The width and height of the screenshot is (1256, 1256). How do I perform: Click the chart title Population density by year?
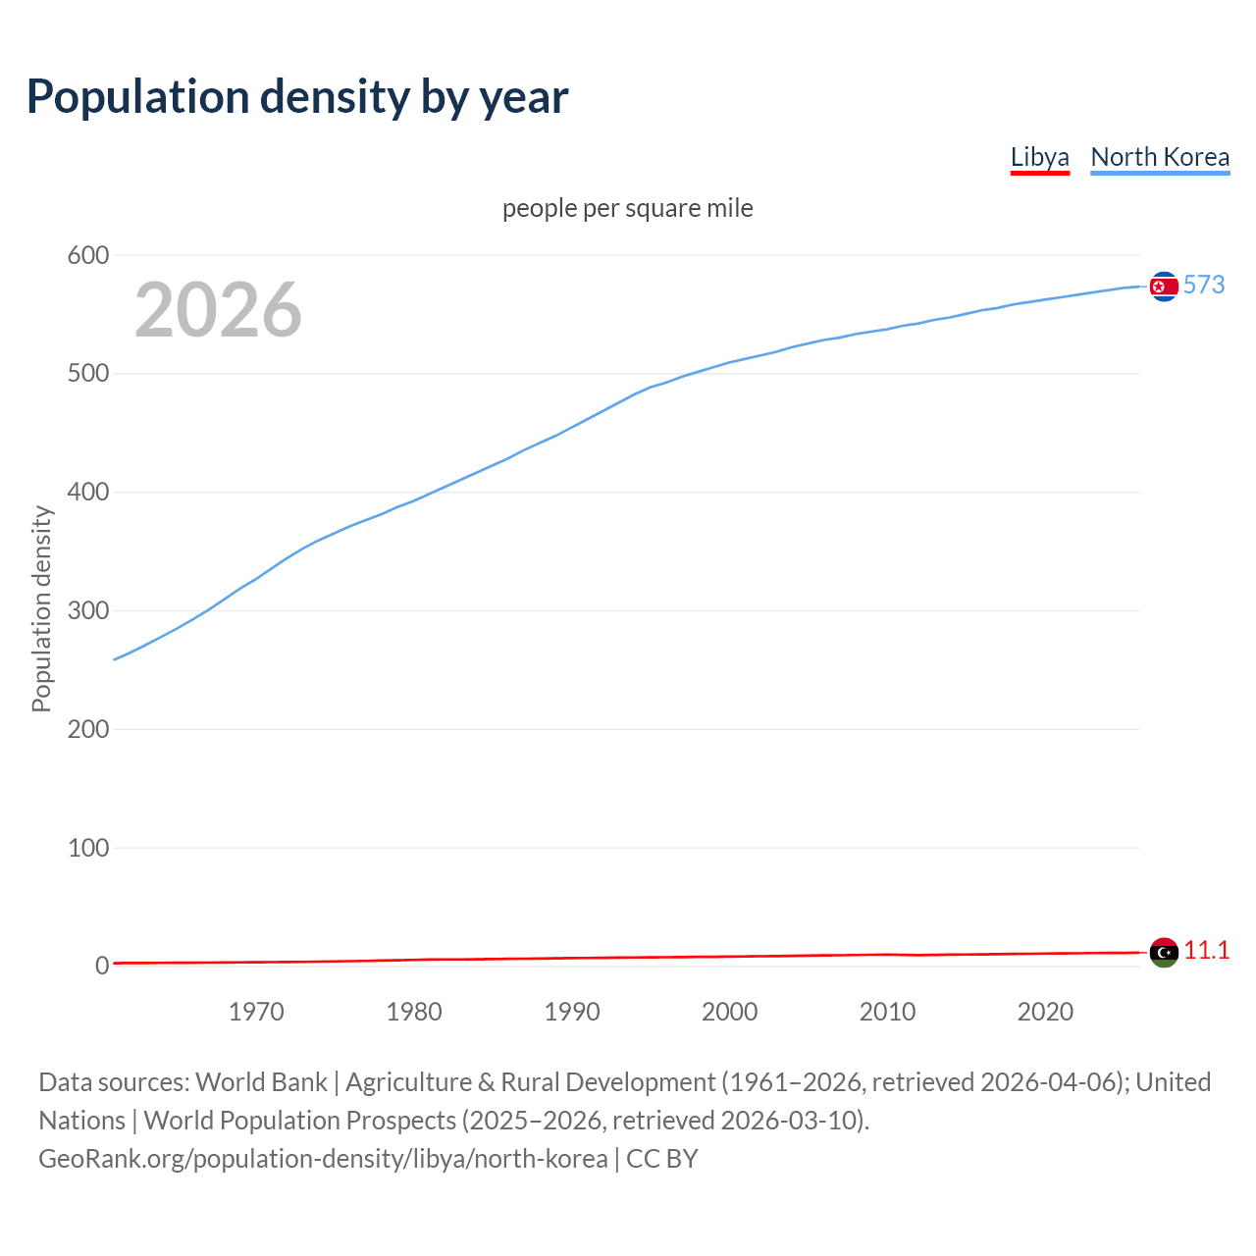tap(297, 97)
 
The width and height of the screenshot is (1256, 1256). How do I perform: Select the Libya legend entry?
tap(1039, 157)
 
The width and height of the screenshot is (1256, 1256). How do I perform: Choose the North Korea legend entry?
tap(1160, 157)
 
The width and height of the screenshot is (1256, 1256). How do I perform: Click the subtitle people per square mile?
tap(628, 208)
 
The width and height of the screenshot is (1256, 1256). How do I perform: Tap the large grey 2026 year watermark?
tap(218, 310)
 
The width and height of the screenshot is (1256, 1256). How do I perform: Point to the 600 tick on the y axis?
tap(87, 256)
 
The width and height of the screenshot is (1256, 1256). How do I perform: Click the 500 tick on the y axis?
tap(87, 374)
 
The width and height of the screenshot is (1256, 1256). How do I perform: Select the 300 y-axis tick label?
tap(87, 611)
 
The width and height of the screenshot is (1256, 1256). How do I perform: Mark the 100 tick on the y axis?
tap(87, 848)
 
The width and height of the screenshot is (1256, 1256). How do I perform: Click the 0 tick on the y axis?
tap(101, 967)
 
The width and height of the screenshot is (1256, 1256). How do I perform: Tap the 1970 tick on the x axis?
tap(256, 1012)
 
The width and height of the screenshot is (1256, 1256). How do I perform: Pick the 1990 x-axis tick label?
tap(572, 1012)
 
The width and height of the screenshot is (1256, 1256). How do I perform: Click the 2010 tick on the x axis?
tap(887, 1012)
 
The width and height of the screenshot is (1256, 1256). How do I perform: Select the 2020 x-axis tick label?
tap(1045, 1012)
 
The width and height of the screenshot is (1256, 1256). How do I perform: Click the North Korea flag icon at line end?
tap(1164, 286)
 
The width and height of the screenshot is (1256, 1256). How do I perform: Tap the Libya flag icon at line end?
tap(1164, 952)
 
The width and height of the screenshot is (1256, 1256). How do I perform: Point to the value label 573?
tap(1204, 285)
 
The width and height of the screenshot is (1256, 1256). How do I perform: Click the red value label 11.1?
tap(1206, 950)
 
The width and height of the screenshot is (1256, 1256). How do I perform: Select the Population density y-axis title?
tap(41, 608)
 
